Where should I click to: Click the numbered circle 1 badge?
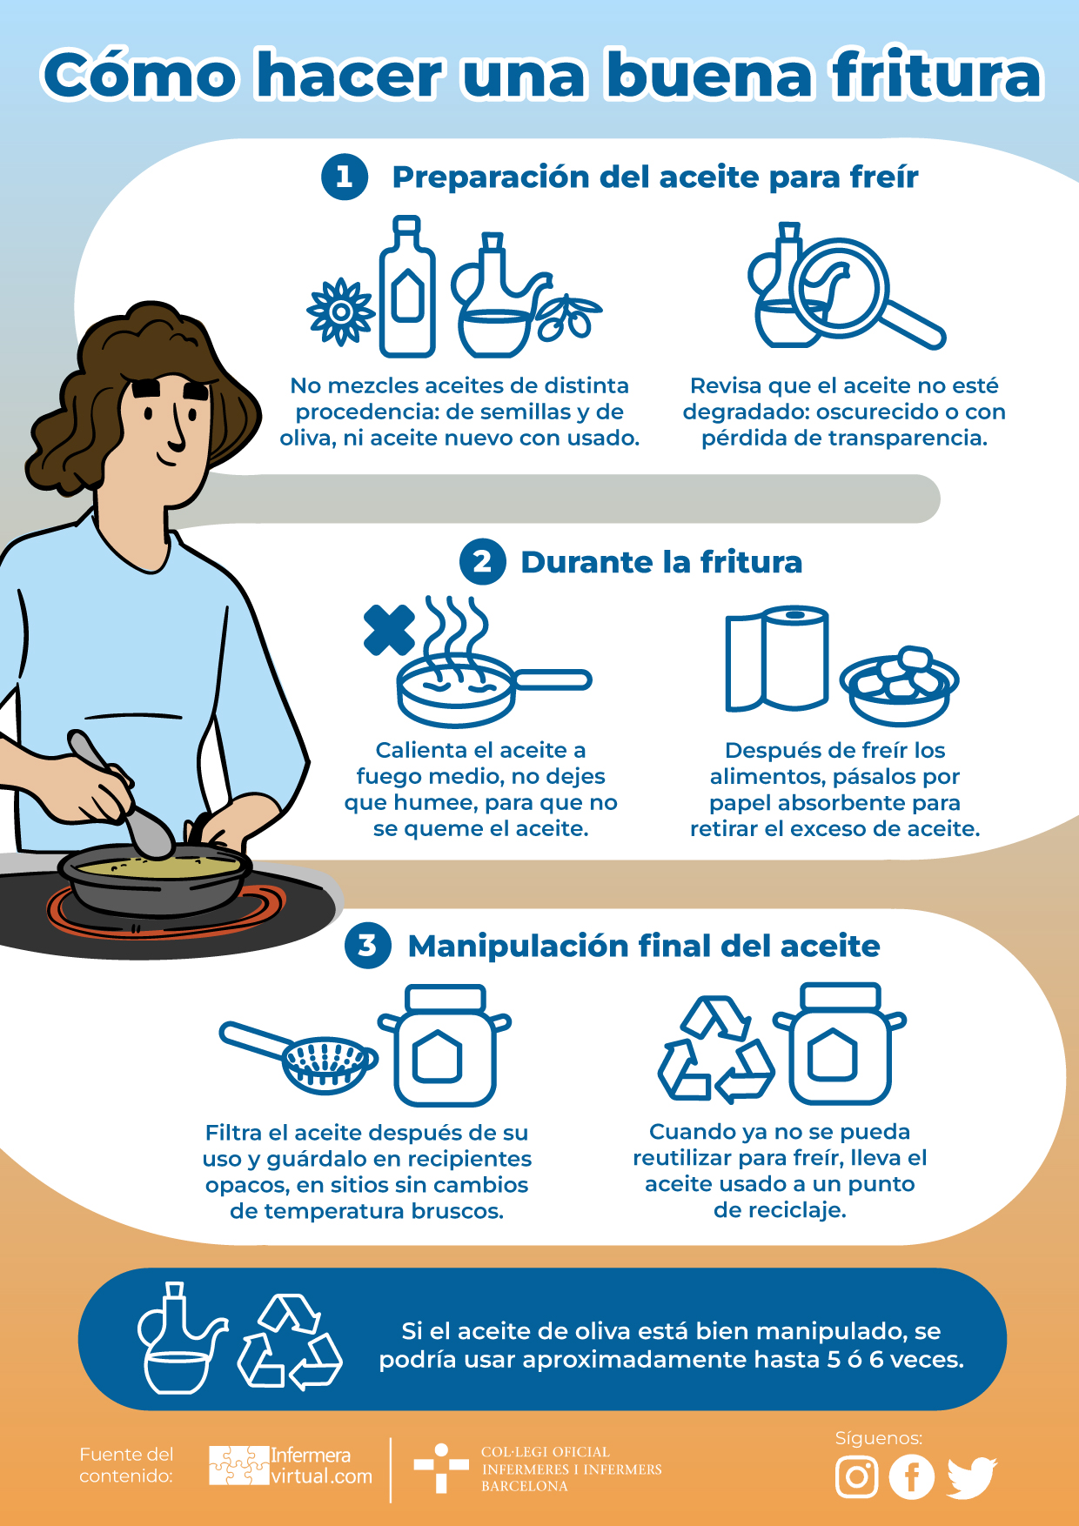pyautogui.click(x=345, y=177)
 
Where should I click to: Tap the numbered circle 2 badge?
pyautogui.click(x=483, y=562)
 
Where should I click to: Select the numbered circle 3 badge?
pyautogui.click(x=368, y=946)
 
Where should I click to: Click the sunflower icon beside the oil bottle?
pyautogui.click(x=341, y=311)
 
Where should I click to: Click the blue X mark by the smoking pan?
pyautogui.click(x=389, y=630)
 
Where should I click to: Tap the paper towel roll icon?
pyautogui.click(x=776, y=658)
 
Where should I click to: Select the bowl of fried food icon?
pyautogui.click(x=899, y=686)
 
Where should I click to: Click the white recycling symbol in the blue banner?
pyautogui.click(x=291, y=1342)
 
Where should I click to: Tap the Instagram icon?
pyautogui.click(x=857, y=1476)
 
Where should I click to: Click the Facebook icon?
pyautogui.click(x=912, y=1476)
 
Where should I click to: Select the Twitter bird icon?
pyautogui.click(x=972, y=1477)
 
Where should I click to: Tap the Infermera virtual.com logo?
pyautogui.click(x=291, y=1465)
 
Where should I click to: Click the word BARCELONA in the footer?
pyautogui.click(x=525, y=1486)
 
